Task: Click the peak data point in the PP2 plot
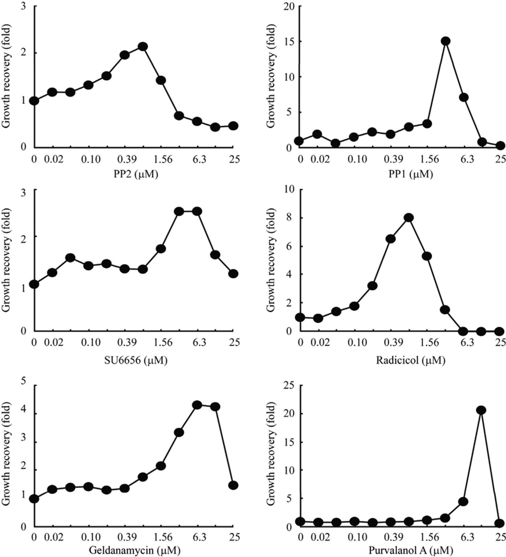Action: tap(143, 46)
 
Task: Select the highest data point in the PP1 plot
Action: tap(445, 41)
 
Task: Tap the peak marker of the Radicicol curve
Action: tap(409, 218)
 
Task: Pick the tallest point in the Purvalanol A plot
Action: tap(481, 410)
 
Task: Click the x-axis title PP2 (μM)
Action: tap(136, 175)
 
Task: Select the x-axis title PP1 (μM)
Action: tap(410, 175)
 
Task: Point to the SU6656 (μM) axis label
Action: tap(134, 360)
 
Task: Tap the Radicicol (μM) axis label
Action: tap(410, 360)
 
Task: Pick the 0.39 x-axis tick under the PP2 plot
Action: tap(125, 160)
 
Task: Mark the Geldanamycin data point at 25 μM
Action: tap(233, 485)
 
